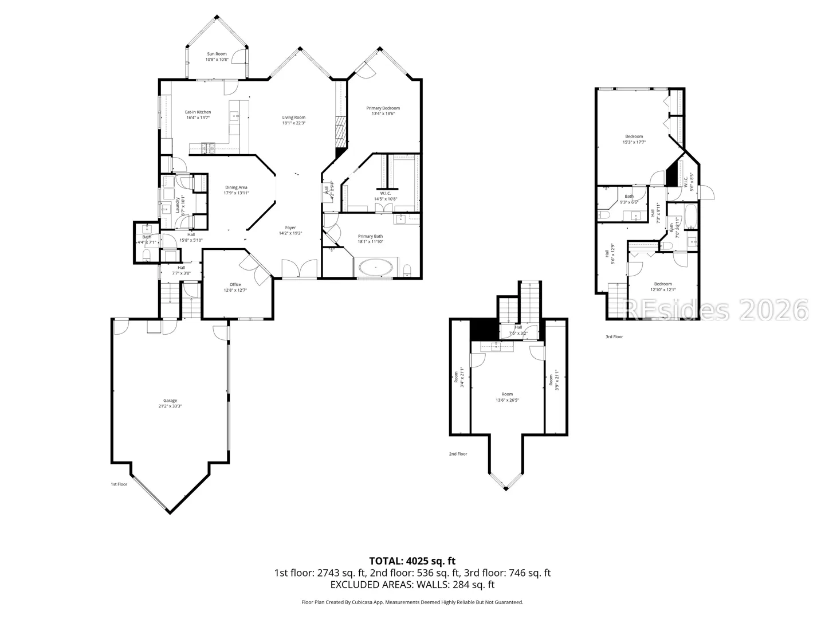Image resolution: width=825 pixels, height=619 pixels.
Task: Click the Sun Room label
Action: click(217, 54)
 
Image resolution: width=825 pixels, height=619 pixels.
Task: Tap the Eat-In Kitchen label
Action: click(198, 112)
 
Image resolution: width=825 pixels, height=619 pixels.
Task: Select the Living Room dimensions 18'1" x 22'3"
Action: click(293, 123)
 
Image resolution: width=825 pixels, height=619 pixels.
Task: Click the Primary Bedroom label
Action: click(383, 108)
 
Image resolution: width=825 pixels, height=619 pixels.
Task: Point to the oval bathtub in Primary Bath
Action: click(375, 267)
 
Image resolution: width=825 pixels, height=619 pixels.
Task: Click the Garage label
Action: click(170, 401)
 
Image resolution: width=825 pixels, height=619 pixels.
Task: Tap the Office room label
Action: click(235, 284)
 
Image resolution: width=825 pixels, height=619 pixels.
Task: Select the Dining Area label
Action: click(236, 187)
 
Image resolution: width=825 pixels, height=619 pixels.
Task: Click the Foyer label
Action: click(290, 228)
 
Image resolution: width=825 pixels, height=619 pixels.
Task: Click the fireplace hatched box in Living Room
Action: click(340, 132)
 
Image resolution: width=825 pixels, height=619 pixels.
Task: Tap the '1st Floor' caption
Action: click(119, 484)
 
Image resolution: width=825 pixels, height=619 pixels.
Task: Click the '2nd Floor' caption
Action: click(458, 454)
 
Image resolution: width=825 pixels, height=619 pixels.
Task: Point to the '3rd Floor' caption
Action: click(614, 337)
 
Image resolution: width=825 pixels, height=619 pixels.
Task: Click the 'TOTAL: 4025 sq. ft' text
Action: click(412, 561)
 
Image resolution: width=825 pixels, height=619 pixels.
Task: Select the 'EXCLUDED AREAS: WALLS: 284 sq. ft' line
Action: click(412, 585)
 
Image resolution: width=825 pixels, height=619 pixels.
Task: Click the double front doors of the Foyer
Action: click(300, 269)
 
